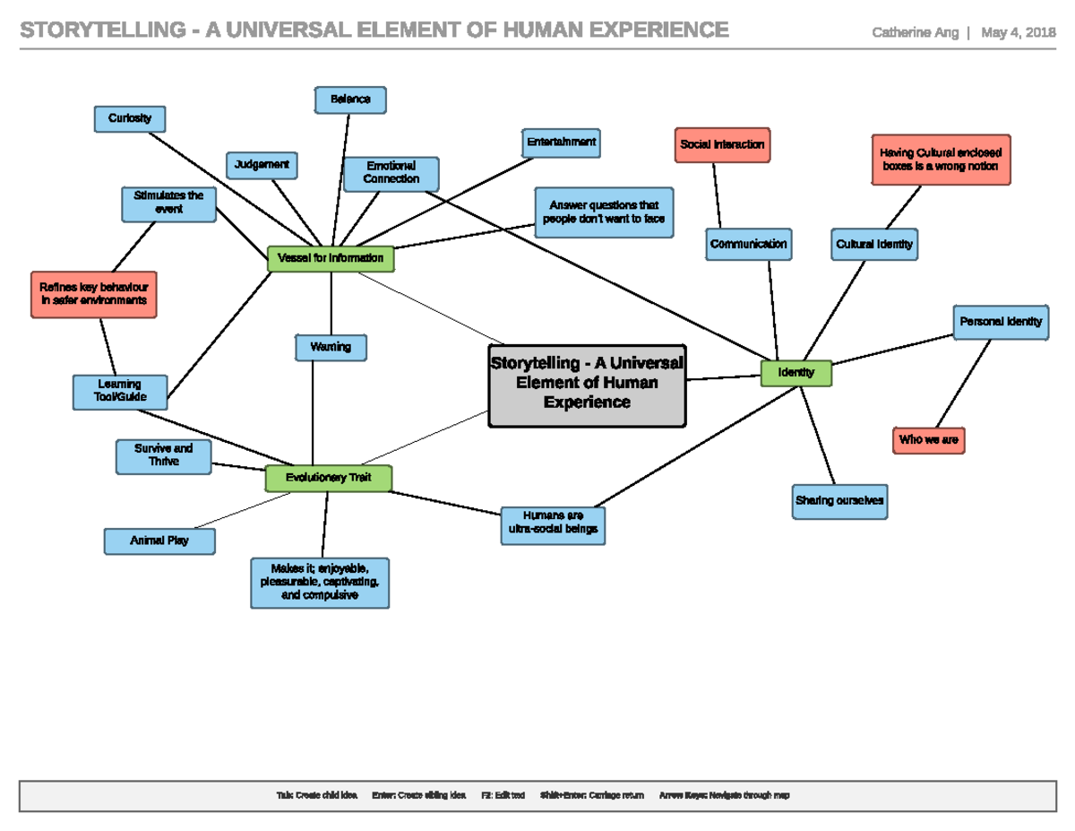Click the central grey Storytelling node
(x=587, y=385)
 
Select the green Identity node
(x=796, y=373)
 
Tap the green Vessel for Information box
(x=331, y=258)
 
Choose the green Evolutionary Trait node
(x=329, y=478)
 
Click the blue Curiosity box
(x=130, y=118)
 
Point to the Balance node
(x=350, y=100)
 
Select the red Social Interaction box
(x=722, y=144)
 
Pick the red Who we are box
(x=929, y=440)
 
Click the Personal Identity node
(x=1001, y=322)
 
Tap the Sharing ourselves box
(x=839, y=501)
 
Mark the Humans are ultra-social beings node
(x=553, y=524)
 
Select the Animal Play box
(x=159, y=541)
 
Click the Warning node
(x=331, y=347)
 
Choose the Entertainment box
(x=561, y=143)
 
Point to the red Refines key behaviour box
(x=94, y=294)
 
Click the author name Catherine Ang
(x=915, y=33)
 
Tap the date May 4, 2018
(x=1019, y=33)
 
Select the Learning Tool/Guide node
(x=120, y=391)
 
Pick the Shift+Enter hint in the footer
(x=592, y=795)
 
